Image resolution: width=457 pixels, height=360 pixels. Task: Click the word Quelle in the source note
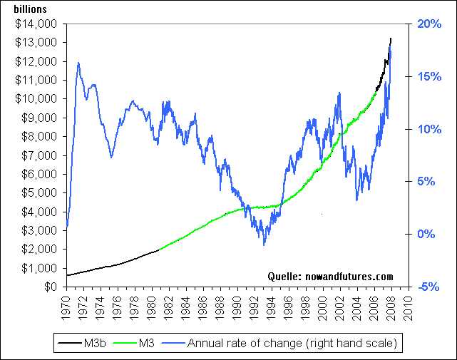pyautogui.click(x=283, y=276)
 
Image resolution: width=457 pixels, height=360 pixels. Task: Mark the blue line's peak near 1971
pyautogui.click(x=78, y=63)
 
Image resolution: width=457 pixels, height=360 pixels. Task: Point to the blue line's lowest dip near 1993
pyautogui.click(x=264, y=245)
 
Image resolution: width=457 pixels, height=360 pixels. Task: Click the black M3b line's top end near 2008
pyautogui.click(x=390, y=38)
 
